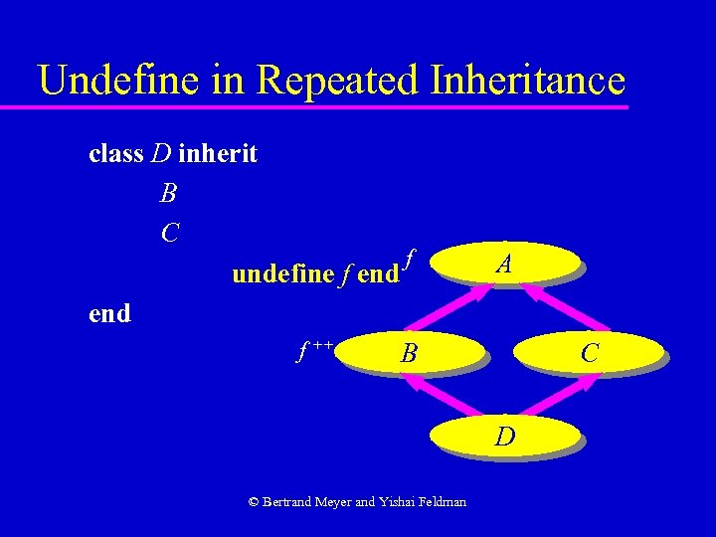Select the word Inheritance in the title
[x=523, y=80]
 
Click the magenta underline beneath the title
[x=328, y=105]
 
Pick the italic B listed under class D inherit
[x=168, y=193]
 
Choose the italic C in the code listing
[x=169, y=233]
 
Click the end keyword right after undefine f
[x=377, y=273]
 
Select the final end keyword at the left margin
[x=109, y=313]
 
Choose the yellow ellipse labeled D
[x=505, y=436]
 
